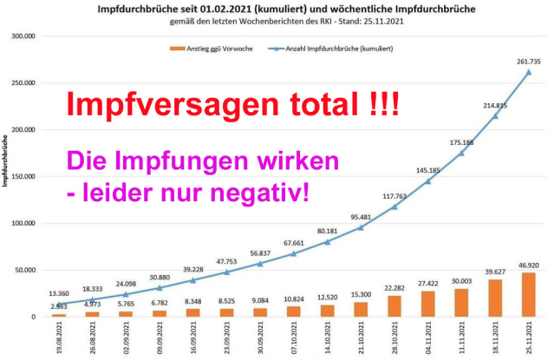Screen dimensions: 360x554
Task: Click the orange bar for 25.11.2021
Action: pyautogui.click(x=527, y=295)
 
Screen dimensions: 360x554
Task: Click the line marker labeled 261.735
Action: pyautogui.click(x=527, y=72)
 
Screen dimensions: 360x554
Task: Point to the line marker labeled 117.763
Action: pyautogui.click(x=394, y=206)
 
